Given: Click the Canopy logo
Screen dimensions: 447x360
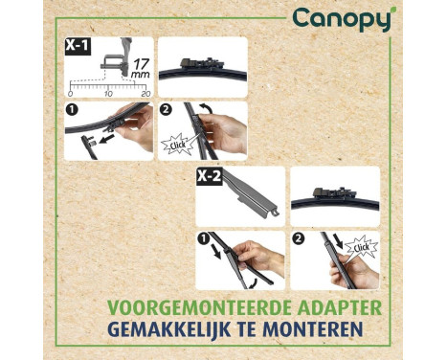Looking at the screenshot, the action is [342, 20].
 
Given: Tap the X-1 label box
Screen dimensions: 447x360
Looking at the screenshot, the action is [78, 46].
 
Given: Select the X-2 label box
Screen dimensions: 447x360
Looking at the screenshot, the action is [209, 176].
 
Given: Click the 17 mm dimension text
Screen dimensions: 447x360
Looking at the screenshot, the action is [141, 69].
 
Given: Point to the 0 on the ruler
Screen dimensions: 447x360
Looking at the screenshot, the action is [70, 94].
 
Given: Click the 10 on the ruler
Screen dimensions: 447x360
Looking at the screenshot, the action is [108, 94].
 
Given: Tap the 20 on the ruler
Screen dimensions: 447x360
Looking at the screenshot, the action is [145, 94].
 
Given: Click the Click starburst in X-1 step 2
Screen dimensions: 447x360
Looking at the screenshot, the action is [178, 145].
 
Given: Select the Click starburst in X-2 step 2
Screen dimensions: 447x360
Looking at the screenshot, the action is [361, 247].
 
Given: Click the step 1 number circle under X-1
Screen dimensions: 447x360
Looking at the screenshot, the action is [73, 110].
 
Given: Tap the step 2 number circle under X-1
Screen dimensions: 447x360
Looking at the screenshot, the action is [166, 110].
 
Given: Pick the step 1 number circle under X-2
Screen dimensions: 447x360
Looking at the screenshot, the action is [203, 238].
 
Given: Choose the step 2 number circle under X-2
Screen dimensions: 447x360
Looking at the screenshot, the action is [298, 238].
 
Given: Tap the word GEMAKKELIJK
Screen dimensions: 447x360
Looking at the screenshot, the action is [169, 329].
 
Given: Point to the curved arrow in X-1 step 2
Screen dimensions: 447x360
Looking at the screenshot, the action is [206, 108].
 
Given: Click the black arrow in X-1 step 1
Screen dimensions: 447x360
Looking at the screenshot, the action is [105, 140].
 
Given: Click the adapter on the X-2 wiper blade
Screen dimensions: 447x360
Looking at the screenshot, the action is [334, 192].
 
